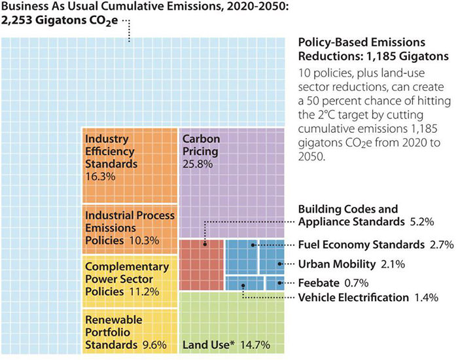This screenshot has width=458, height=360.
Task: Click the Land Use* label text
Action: click(205, 344)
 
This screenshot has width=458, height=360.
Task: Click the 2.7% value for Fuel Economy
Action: click(442, 245)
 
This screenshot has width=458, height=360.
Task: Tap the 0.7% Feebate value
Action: click(357, 283)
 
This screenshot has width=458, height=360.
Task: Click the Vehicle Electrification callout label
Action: click(353, 298)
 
